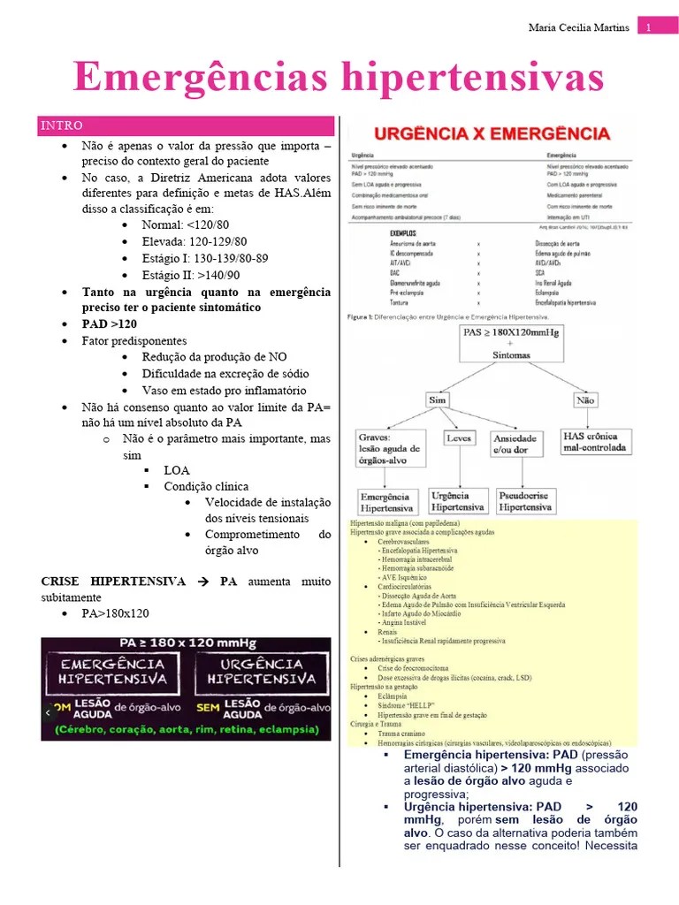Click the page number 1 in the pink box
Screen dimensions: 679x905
click(649, 27)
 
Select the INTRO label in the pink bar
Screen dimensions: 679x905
click(61, 125)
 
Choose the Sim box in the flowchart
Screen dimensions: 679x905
click(438, 399)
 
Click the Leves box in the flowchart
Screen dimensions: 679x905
click(458, 437)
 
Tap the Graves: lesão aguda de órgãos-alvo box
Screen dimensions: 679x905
click(390, 448)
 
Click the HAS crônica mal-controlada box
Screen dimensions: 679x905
click(597, 442)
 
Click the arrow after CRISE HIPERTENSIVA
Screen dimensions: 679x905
click(202, 582)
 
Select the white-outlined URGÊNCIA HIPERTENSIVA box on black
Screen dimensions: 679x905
click(261, 671)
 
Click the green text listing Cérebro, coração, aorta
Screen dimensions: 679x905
click(186, 730)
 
